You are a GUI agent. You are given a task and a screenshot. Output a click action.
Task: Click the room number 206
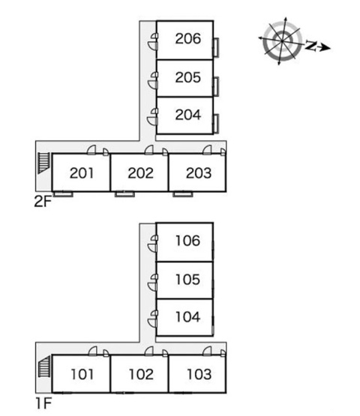(x=188, y=39)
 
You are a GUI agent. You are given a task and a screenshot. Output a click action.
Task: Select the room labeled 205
(x=188, y=77)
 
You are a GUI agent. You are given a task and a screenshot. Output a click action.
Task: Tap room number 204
(x=188, y=115)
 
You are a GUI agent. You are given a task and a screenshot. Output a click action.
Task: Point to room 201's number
(x=82, y=173)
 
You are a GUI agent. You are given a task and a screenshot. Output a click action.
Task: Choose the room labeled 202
(x=140, y=173)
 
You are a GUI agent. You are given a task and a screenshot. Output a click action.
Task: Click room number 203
(x=199, y=173)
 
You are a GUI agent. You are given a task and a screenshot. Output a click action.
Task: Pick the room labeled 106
(x=187, y=241)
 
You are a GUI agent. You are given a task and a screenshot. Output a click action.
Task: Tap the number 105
(x=187, y=280)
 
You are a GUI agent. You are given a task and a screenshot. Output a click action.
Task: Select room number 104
(x=187, y=317)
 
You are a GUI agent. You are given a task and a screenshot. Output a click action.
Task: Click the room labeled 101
(x=82, y=374)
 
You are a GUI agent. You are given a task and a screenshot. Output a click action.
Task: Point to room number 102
(x=141, y=374)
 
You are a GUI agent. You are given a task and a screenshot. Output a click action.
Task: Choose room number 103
(x=199, y=374)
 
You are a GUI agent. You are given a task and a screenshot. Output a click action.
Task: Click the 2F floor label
(x=43, y=202)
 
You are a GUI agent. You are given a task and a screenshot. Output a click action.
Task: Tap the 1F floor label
(x=43, y=403)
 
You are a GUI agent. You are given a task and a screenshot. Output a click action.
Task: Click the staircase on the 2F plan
(x=43, y=163)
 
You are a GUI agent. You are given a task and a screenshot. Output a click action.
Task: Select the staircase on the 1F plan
(x=44, y=367)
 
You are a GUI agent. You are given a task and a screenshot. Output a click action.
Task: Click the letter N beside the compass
(x=310, y=46)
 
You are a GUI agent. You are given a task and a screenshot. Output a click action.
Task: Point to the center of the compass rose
(x=281, y=41)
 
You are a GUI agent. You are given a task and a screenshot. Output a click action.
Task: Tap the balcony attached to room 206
(x=216, y=47)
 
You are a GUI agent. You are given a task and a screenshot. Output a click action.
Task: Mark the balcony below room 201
(x=63, y=194)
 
